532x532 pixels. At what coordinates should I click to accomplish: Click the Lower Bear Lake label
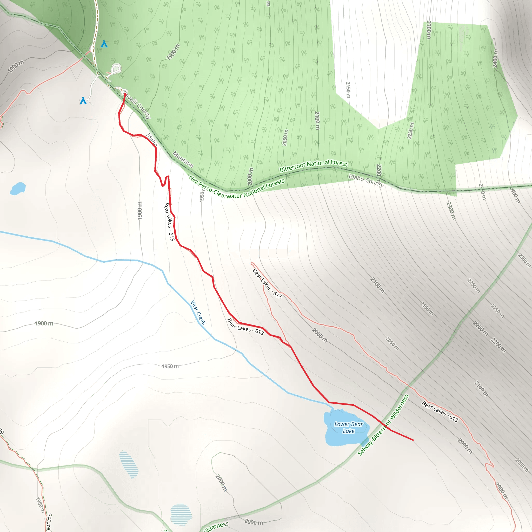click(x=348, y=428)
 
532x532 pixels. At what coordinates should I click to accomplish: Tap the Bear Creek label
click(x=198, y=312)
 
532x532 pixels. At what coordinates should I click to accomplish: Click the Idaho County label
click(x=366, y=180)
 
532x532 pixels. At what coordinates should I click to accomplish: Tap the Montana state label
click(x=183, y=159)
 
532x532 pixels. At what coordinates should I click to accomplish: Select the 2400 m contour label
click(x=495, y=58)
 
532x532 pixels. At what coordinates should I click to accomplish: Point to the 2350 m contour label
click(x=524, y=260)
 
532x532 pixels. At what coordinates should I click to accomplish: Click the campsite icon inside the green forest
click(x=104, y=44)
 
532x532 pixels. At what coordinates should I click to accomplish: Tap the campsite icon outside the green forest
click(x=83, y=101)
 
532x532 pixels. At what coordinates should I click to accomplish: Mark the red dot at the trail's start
click(x=125, y=95)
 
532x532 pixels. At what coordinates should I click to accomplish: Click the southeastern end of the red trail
click(x=413, y=440)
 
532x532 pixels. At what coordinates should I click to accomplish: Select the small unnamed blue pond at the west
click(x=18, y=189)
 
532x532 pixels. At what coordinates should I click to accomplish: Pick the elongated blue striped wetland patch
click(x=129, y=464)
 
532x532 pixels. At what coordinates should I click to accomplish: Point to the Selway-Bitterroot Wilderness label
click(x=383, y=425)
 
